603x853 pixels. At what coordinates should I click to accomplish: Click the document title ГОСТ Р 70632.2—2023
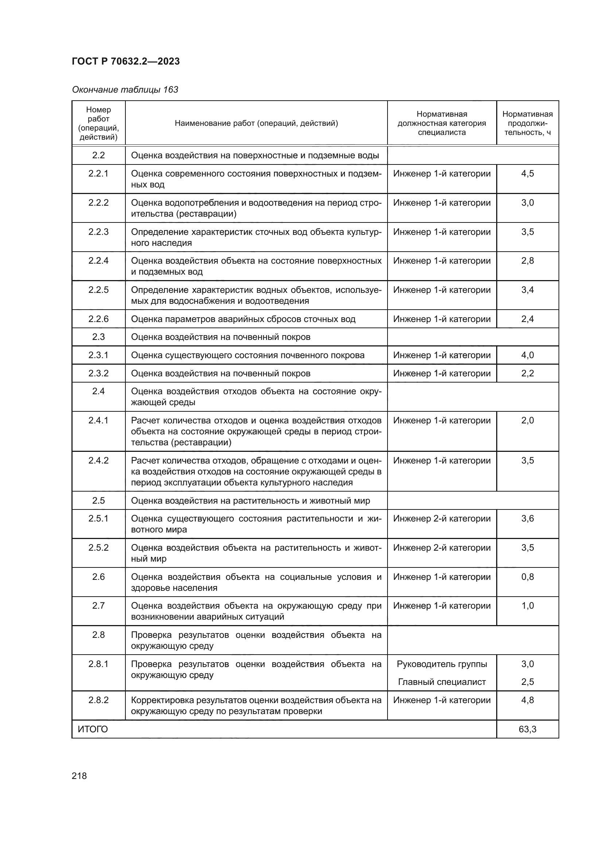[125, 61]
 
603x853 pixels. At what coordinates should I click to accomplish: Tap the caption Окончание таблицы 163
[125, 90]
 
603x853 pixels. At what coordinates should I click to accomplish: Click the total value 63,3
[527, 729]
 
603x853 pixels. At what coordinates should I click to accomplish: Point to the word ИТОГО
[93, 729]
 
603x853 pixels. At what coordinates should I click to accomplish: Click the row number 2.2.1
[98, 174]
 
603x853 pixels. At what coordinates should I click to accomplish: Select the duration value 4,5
[527, 174]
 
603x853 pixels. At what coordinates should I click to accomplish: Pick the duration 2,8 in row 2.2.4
[527, 260]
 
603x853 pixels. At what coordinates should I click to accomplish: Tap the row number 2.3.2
[98, 373]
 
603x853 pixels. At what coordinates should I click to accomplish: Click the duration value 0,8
[527, 577]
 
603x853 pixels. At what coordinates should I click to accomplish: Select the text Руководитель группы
[442, 664]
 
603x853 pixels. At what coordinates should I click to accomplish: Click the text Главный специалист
[442, 682]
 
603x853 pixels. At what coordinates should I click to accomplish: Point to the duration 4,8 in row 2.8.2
[527, 700]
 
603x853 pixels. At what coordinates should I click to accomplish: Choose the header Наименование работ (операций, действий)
[256, 123]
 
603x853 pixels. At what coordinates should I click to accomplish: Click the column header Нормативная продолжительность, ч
[527, 123]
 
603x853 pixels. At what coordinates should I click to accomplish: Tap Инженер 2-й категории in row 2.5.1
[442, 518]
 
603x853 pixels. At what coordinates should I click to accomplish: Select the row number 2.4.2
[98, 460]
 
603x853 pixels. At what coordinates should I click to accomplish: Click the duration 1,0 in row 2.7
[527, 606]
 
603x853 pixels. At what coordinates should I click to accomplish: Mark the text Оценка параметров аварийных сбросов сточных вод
[243, 319]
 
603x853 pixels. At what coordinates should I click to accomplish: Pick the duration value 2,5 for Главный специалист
[527, 682]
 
